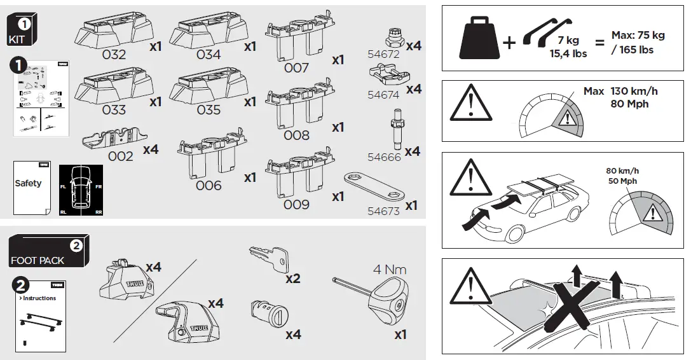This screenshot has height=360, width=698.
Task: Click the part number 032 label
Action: click(x=114, y=55)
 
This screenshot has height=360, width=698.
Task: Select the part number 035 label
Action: click(x=209, y=109)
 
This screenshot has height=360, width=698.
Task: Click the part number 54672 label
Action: click(x=383, y=55)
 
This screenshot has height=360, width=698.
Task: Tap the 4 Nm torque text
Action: click(x=389, y=270)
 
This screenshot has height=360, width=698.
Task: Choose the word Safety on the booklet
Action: click(x=28, y=183)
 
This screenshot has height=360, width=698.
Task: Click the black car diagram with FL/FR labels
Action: click(x=81, y=190)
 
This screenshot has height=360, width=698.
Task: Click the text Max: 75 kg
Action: click(x=638, y=36)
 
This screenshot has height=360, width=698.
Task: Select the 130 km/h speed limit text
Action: click(x=634, y=91)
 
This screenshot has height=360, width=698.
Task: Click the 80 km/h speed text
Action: click(x=622, y=170)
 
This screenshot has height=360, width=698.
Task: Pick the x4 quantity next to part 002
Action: click(x=151, y=149)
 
